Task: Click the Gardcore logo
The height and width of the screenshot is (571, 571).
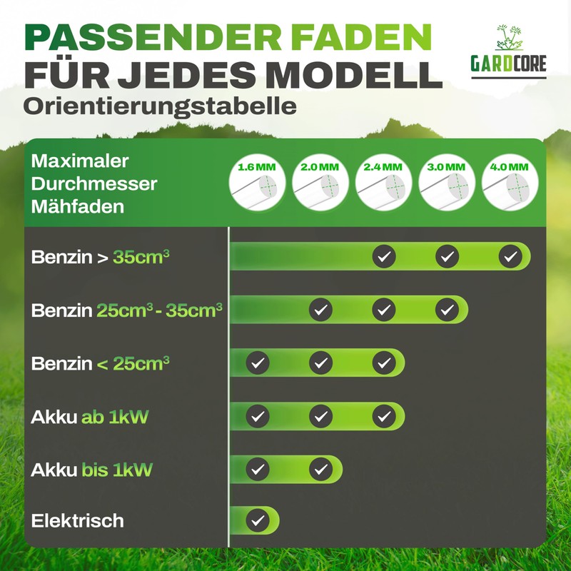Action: (508, 51)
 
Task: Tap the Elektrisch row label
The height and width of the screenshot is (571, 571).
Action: (78, 520)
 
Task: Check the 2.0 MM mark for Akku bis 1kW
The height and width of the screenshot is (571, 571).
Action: (320, 469)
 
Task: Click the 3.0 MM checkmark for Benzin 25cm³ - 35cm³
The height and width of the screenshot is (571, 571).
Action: (447, 310)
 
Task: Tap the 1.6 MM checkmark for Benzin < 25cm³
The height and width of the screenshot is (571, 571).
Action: (258, 363)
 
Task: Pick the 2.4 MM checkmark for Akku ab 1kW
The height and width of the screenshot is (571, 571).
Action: (384, 416)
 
